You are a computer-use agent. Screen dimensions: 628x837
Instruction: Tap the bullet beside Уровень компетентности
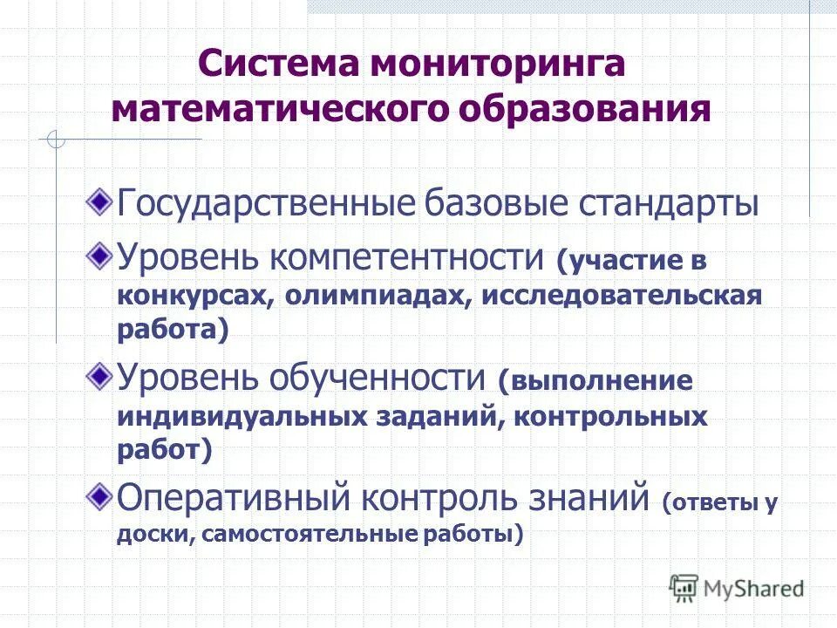tap(102, 255)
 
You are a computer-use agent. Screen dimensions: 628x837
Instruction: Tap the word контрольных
tap(610, 416)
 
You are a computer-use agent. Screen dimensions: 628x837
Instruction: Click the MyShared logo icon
tap(684, 586)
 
